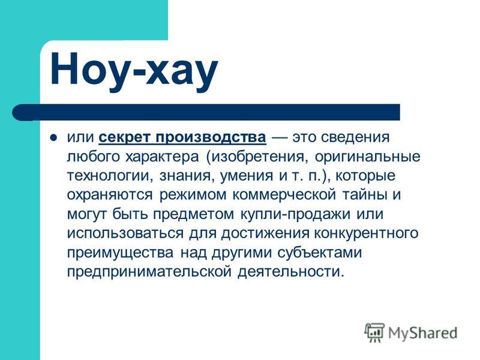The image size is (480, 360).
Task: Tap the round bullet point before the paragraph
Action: coord(53,137)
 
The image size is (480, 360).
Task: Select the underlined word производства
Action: coord(211,137)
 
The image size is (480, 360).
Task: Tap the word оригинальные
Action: coord(368,157)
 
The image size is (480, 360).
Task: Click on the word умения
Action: coord(247,176)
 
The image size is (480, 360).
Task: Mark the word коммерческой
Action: coord(284,195)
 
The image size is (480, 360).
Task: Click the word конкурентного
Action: coord(367,233)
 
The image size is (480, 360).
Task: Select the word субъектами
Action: coord(320,253)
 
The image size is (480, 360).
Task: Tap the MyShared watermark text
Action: coord(423,333)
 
